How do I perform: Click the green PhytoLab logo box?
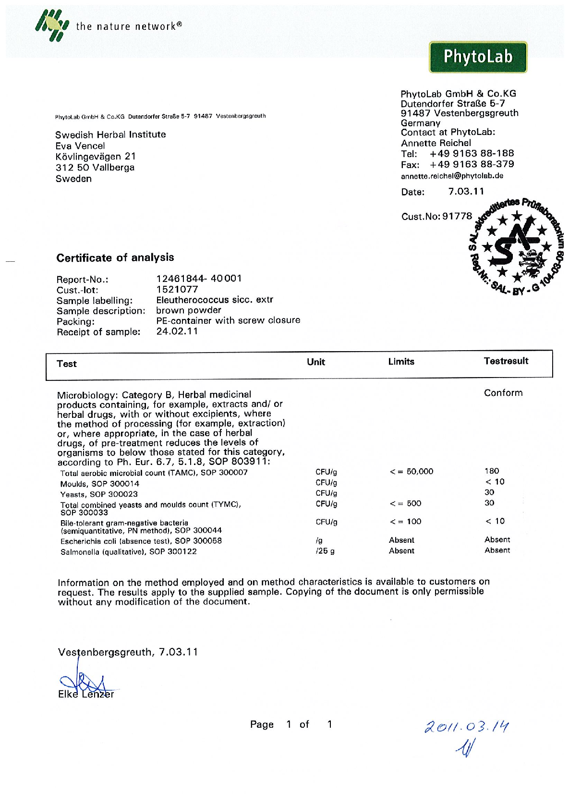coord(478,57)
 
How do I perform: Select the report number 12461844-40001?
coord(199,278)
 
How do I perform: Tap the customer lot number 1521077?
coord(177,289)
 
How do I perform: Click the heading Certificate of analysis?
coord(115,257)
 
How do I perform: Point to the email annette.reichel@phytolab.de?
coord(452,176)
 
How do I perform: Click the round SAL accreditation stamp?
coord(516,246)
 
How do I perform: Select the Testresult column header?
coord(506,361)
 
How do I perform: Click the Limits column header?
coord(401,361)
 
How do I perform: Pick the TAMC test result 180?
coord(492,471)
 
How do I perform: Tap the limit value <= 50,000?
coord(412,471)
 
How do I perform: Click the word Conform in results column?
coord(503,392)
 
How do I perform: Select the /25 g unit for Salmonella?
coord(325,551)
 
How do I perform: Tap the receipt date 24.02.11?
coord(177,331)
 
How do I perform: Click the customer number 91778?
coord(457,216)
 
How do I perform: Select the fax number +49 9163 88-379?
coord(472,164)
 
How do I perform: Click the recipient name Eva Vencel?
coord(80,146)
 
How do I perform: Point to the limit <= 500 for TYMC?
coord(405,503)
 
